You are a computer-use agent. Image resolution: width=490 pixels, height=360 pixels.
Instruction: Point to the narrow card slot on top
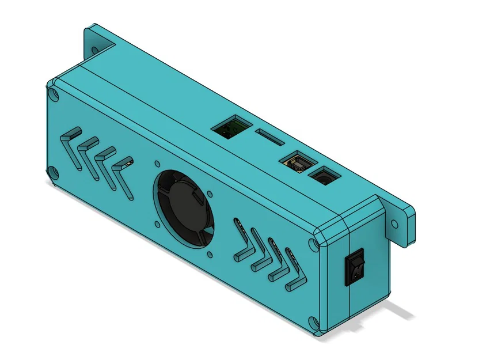269,138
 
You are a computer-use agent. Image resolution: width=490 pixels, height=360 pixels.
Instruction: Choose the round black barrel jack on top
323,176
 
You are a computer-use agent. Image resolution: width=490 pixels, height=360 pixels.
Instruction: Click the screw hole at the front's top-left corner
53,94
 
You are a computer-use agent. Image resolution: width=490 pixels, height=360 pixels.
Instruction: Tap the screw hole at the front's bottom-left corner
52,172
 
